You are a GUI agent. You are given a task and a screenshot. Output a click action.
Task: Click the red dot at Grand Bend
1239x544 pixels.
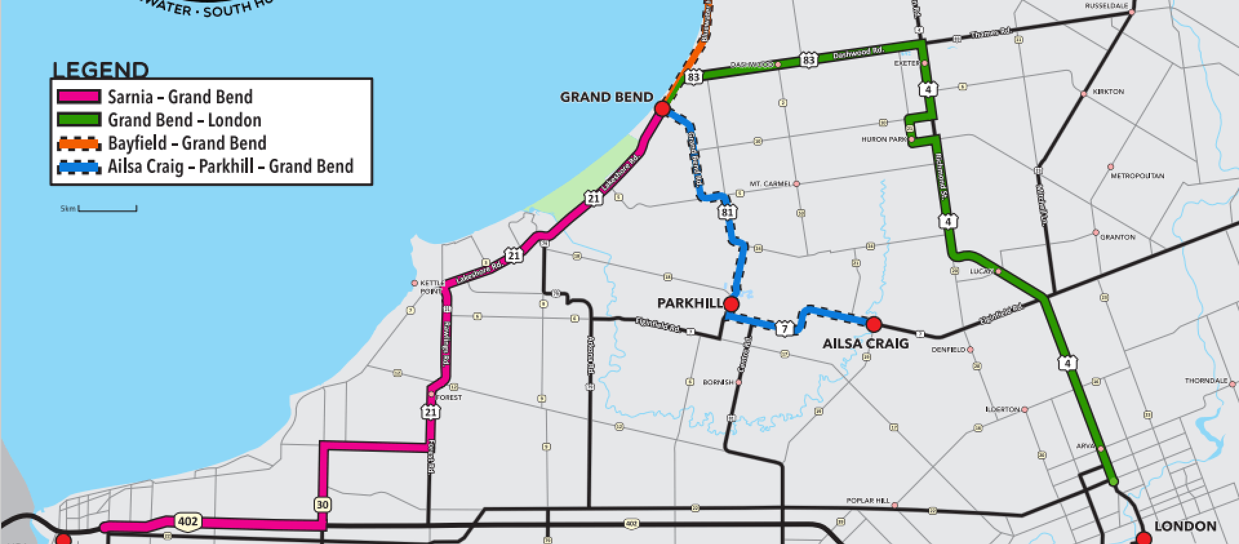(x=661, y=108)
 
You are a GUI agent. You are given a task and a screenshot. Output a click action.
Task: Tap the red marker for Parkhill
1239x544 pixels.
(x=731, y=304)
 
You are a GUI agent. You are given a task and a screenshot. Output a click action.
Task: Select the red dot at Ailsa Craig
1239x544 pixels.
(x=873, y=324)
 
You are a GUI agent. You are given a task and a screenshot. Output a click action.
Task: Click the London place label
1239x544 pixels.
(x=1185, y=527)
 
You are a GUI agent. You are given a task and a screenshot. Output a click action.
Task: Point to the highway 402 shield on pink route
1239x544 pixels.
(x=188, y=521)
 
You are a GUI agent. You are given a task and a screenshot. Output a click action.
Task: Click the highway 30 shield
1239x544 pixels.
(x=323, y=504)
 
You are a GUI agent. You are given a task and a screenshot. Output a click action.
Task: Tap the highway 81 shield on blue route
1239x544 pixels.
(x=728, y=212)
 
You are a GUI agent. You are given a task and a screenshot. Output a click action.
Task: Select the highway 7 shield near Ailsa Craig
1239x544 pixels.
(x=784, y=329)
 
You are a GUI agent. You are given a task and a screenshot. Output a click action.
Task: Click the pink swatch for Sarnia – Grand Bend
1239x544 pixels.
(x=79, y=97)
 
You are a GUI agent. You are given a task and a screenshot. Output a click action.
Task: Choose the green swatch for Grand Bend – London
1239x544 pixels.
(x=79, y=120)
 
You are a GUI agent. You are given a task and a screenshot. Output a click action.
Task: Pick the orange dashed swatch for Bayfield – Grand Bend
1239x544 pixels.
(x=79, y=143)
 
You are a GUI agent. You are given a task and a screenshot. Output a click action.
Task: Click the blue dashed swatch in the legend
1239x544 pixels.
(x=79, y=166)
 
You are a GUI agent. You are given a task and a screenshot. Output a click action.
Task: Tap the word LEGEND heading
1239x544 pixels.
(x=101, y=70)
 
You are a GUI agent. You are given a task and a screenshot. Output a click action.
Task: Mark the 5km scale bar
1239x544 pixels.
(x=107, y=209)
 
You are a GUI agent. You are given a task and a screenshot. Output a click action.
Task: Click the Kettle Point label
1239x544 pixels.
(x=432, y=287)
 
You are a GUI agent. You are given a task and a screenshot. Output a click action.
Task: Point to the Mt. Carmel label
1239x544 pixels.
(x=770, y=184)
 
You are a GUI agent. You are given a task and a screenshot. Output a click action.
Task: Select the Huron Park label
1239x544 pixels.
(x=883, y=139)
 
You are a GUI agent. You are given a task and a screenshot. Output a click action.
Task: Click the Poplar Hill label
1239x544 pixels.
(x=867, y=501)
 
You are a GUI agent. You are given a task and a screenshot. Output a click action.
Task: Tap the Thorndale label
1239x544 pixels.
(x=1205, y=381)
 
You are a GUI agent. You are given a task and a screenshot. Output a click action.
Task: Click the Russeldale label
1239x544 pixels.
(x=1106, y=6)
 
